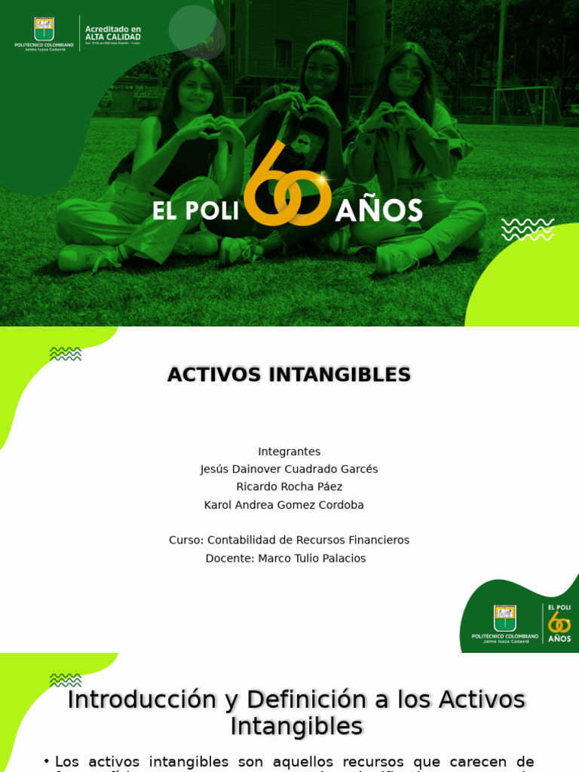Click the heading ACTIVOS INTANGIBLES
click(289, 375)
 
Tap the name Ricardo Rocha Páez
click(289, 487)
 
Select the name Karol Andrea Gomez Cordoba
click(284, 505)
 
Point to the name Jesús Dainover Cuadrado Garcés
click(289, 469)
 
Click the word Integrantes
click(289, 452)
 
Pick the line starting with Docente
click(286, 559)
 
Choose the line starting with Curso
click(289, 541)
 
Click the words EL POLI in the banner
click(195, 211)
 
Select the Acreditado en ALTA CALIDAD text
click(112, 33)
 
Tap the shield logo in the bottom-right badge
click(504, 617)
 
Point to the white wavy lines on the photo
click(527, 229)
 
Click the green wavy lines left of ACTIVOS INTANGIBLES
click(66, 354)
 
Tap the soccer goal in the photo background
click(523, 106)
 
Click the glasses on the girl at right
click(407, 74)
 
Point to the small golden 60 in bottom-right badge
click(559, 622)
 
